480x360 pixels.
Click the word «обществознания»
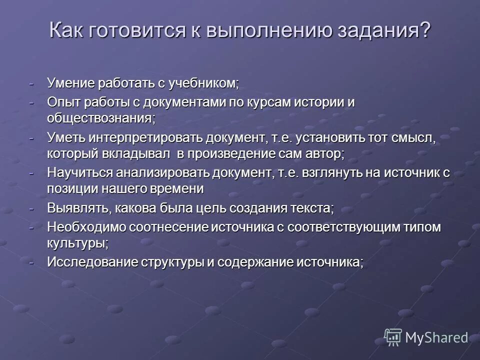click(99, 118)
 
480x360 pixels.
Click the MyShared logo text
click(436, 337)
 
